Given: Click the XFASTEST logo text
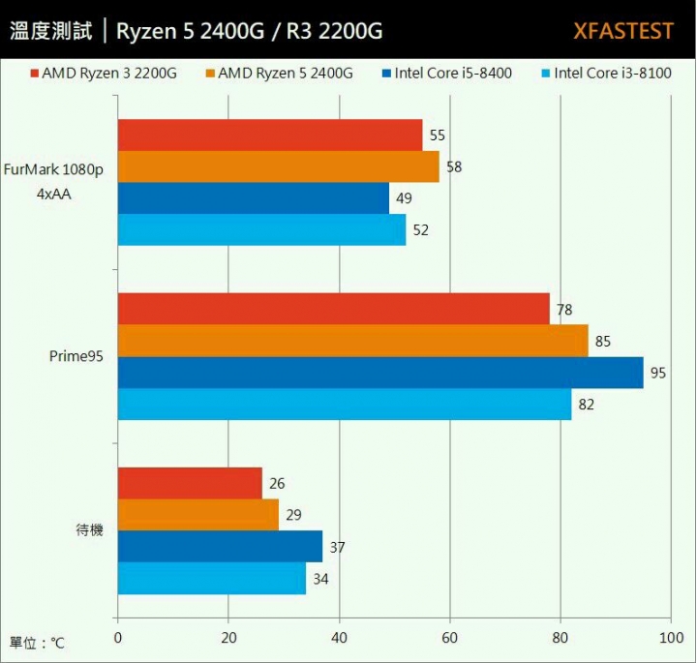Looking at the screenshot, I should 622,31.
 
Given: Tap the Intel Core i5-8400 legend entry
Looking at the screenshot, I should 447,73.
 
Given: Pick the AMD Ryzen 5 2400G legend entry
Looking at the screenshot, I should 278,73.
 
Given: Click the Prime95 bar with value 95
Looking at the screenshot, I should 380,373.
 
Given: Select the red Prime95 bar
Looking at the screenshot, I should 333,310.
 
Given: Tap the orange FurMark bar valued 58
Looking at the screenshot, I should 278,166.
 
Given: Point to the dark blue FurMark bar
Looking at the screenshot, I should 253,198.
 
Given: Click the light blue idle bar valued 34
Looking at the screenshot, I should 211,579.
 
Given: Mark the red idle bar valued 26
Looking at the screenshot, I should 190,483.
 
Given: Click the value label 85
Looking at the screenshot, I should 603,342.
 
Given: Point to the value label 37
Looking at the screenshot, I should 337,548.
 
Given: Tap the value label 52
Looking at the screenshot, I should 420,230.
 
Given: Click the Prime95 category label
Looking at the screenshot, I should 76,356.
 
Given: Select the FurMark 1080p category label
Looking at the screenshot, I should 53,169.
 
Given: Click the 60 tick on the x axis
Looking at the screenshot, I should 449,638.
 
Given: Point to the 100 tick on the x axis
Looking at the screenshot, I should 670,638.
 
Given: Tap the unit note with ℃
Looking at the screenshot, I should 37,643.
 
